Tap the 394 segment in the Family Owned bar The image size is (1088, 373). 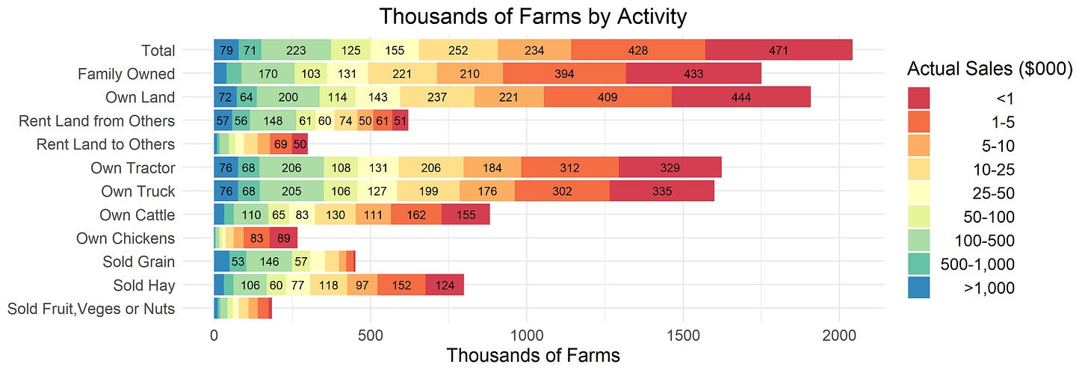[564, 74]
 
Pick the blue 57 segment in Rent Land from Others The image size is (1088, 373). [223, 121]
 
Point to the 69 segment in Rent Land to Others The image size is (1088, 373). [281, 144]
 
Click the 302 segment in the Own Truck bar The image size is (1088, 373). [562, 191]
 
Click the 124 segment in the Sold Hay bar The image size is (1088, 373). [445, 286]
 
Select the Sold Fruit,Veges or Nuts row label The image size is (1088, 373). [91, 308]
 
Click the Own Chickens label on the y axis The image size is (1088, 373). [126, 238]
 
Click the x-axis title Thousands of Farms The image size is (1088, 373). [533, 355]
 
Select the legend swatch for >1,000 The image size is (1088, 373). [919, 287]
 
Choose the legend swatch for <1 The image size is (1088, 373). [919, 98]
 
